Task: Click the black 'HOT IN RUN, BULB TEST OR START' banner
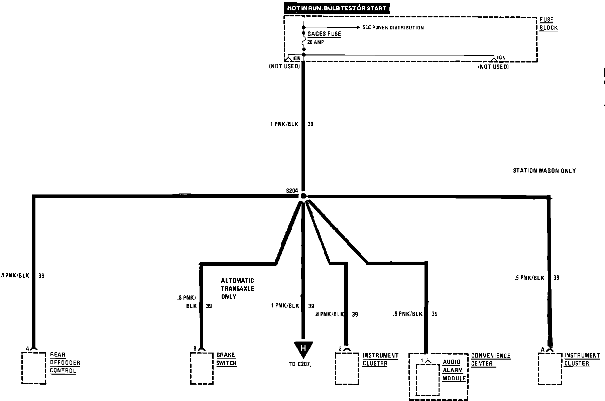point(337,8)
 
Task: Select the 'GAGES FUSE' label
point(324,34)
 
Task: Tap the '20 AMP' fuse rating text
point(316,42)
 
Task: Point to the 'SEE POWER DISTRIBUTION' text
point(393,28)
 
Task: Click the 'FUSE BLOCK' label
point(549,24)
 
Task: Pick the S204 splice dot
point(303,196)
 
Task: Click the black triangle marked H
point(303,349)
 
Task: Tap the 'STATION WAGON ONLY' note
point(544,171)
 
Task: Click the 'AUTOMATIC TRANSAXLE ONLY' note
point(237,289)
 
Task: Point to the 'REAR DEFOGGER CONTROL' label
point(65,363)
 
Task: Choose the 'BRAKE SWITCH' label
point(226,359)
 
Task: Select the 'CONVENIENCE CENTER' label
point(490,360)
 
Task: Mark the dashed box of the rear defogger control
point(34,368)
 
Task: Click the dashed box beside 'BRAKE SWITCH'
point(202,368)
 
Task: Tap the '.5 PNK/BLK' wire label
point(530,278)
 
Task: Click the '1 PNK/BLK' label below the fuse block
point(284,124)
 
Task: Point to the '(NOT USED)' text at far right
point(493,67)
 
